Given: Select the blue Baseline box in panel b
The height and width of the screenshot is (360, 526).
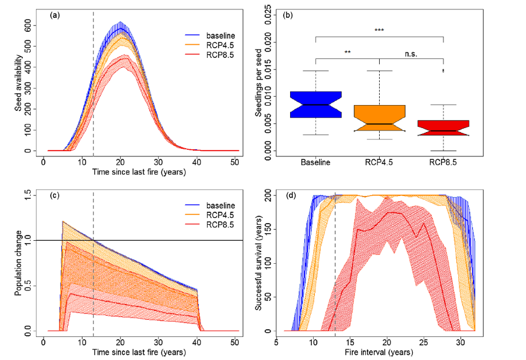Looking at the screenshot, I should (316, 104).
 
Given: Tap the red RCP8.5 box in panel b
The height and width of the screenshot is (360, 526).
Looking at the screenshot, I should (442, 128).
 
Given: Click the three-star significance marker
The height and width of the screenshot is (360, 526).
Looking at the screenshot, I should (379, 30).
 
